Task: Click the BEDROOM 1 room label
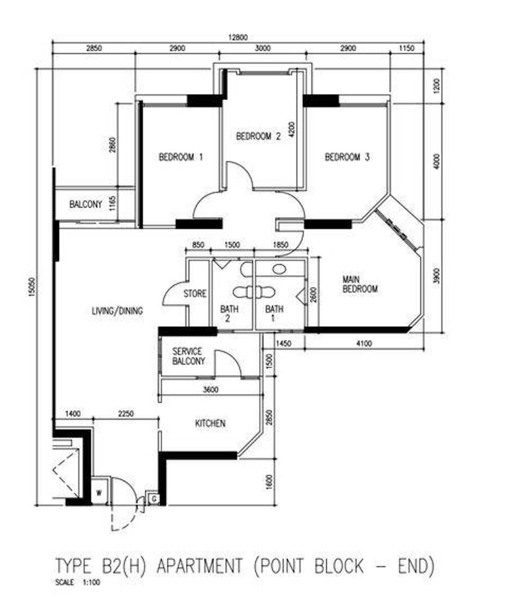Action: pos(181,157)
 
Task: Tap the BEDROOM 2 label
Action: pos(258,136)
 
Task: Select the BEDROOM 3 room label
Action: pos(347,157)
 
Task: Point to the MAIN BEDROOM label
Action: pos(360,284)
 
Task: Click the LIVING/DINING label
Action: pos(118,311)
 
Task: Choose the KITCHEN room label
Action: pos(210,423)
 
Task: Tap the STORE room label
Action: pos(195,293)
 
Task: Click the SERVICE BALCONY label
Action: pos(189,356)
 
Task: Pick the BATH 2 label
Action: pos(229,314)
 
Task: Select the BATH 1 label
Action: pos(274,314)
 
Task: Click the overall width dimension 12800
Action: pos(238,37)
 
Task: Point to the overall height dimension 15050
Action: pos(32,287)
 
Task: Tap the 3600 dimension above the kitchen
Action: pos(211,390)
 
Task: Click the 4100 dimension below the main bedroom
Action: pos(364,343)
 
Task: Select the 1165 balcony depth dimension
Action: pos(112,204)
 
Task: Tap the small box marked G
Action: pos(154,499)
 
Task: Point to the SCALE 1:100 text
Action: pos(77,583)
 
